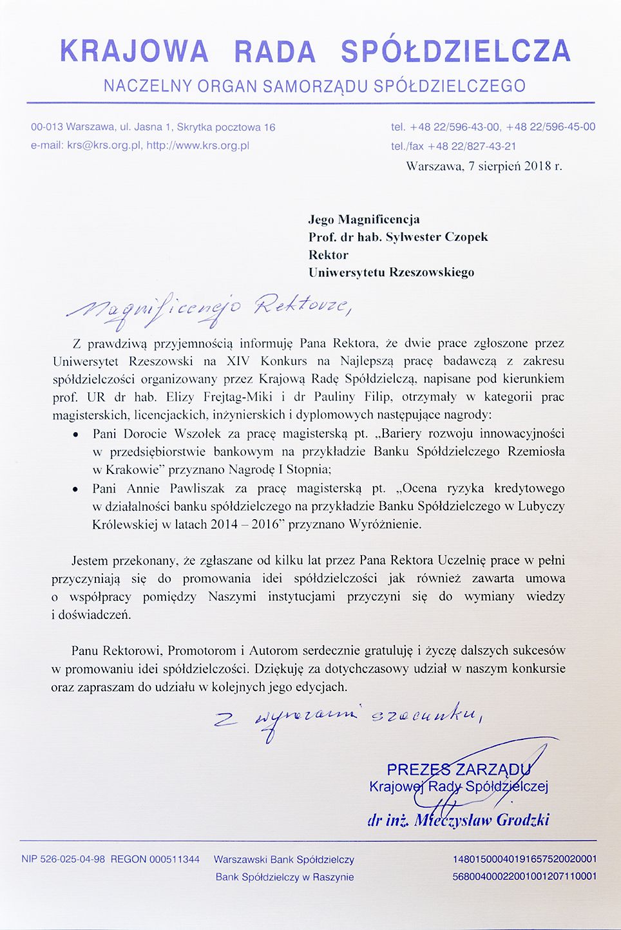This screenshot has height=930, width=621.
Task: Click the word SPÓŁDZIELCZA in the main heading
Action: [455, 52]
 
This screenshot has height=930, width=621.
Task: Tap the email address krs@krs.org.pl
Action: [104, 146]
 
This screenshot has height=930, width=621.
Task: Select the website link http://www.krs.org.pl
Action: [198, 146]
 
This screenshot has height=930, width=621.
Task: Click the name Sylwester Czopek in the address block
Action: [437, 237]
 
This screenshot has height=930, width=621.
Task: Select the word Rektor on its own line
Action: [329, 254]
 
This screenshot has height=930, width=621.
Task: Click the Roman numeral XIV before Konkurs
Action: [238, 361]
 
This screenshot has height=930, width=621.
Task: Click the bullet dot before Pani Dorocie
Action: [75, 435]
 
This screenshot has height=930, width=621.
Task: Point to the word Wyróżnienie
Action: [385, 524]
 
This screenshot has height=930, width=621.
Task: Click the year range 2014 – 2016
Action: [245, 524]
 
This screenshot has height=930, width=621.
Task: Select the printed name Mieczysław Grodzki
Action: [482, 820]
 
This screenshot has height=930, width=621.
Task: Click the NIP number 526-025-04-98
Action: [72, 859]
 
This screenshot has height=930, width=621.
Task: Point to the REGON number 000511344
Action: [175, 859]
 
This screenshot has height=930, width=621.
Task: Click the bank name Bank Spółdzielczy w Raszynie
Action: [285, 877]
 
